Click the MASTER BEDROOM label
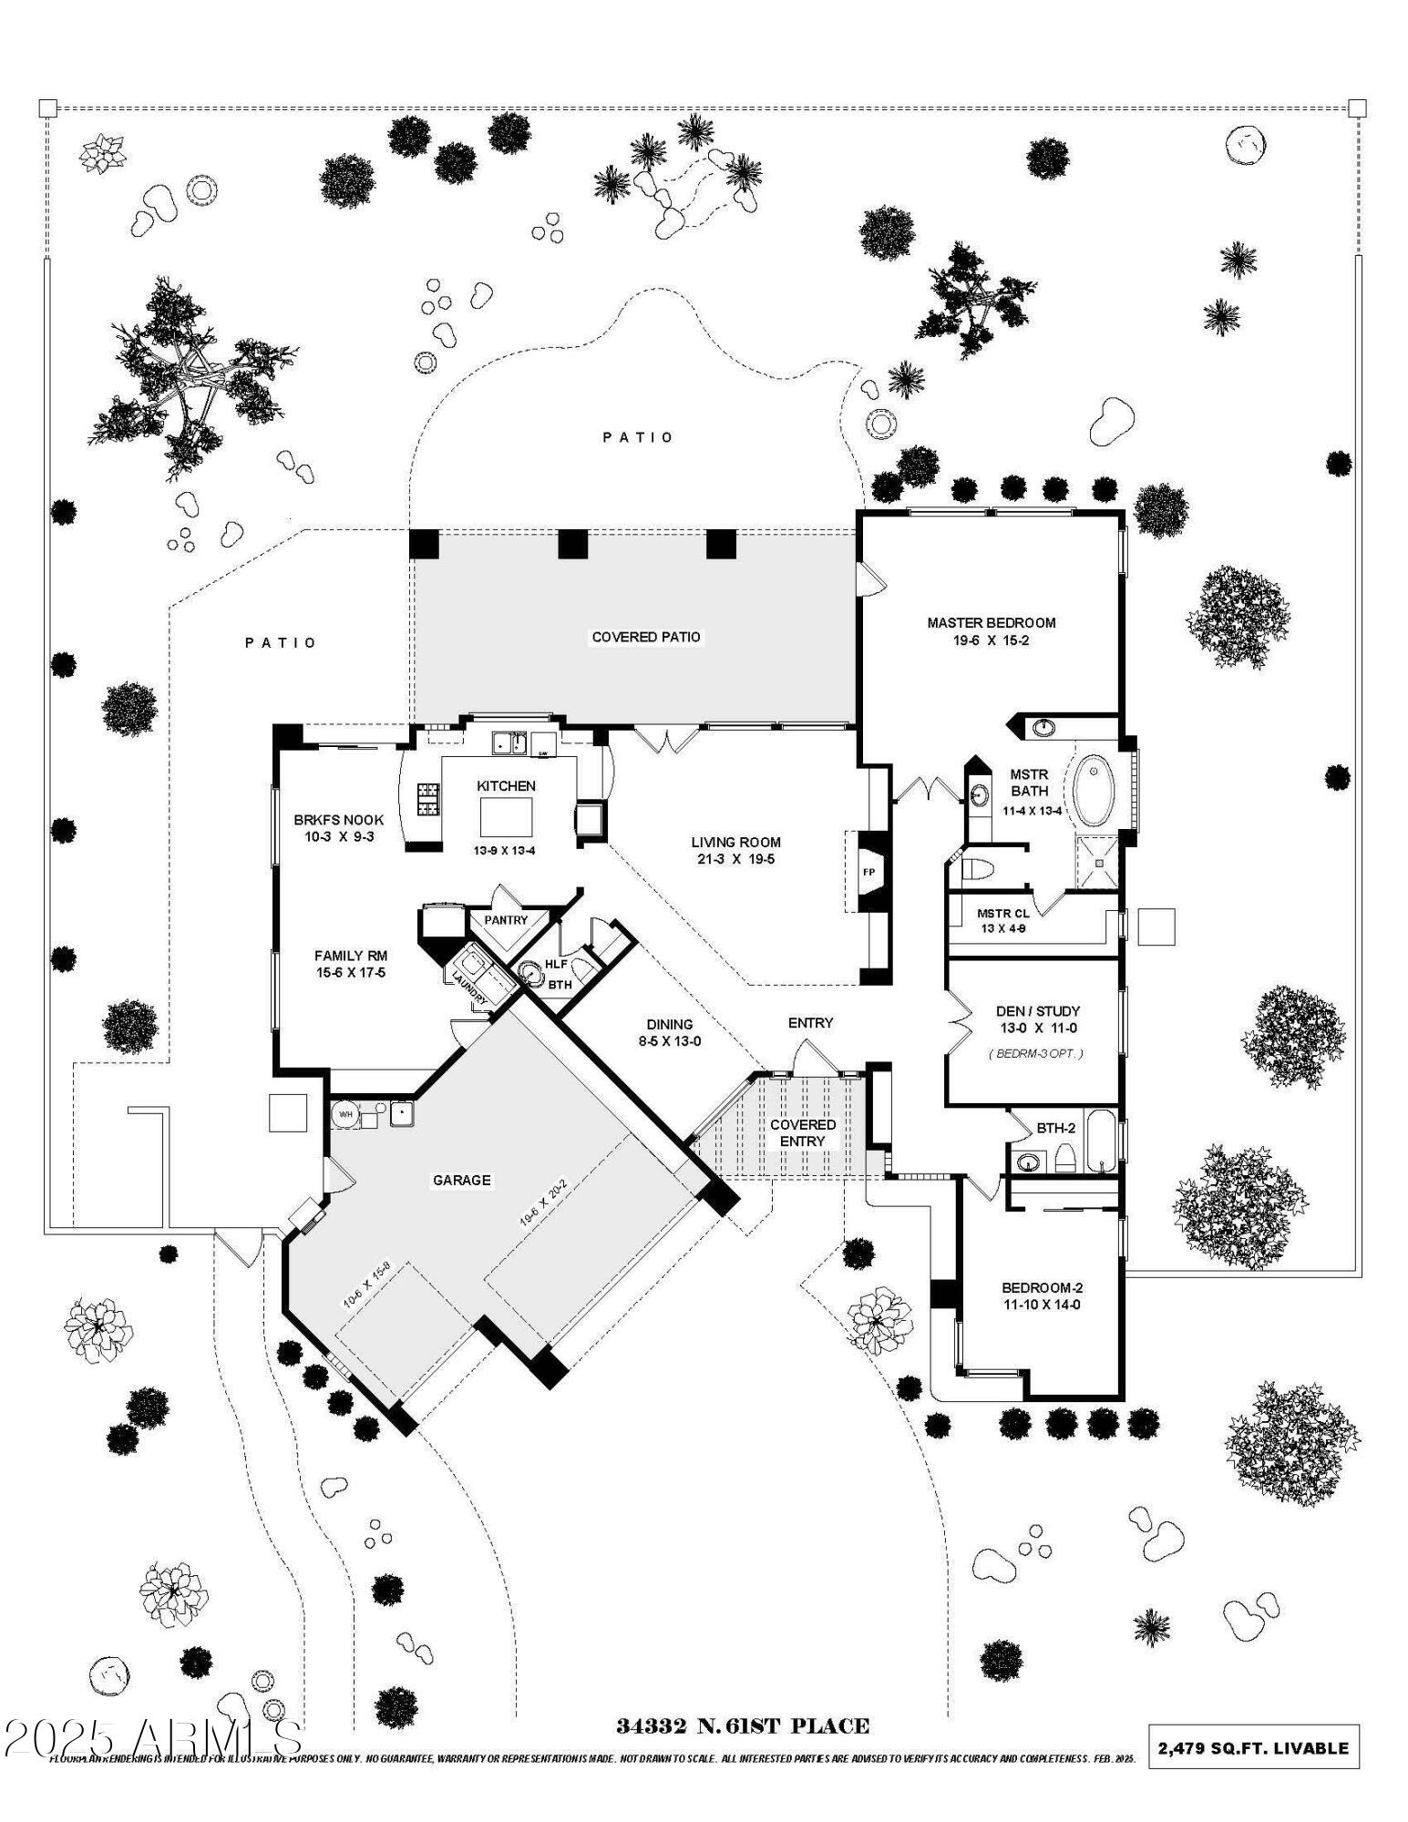[x=991, y=622]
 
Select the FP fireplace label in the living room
[x=868, y=872]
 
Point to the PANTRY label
[x=506, y=920]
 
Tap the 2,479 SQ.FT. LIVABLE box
[x=1253, y=1748]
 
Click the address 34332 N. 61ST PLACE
[x=742, y=1725]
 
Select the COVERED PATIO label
[x=646, y=637]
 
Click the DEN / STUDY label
[x=1037, y=1010]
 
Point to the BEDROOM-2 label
[x=1042, y=1287]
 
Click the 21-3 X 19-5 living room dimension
[x=735, y=859]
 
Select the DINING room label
[x=670, y=1024]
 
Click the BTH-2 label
[x=1055, y=1128]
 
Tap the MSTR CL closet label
[x=1002, y=913]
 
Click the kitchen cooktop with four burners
[x=428, y=799]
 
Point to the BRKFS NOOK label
[x=338, y=819]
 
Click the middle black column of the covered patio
[x=573, y=544]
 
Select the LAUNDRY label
[x=469, y=988]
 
